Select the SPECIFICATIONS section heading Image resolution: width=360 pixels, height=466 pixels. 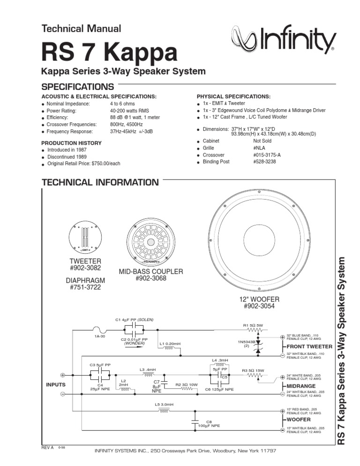click(78, 87)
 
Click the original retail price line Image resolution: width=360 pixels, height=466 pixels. click(83, 164)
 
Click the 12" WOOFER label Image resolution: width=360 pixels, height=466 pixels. click(259, 299)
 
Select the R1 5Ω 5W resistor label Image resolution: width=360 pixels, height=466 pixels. click(254, 324)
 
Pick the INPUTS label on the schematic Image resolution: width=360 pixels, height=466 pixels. click(55, 384)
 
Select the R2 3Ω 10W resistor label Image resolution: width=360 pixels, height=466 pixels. click(186, 384)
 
